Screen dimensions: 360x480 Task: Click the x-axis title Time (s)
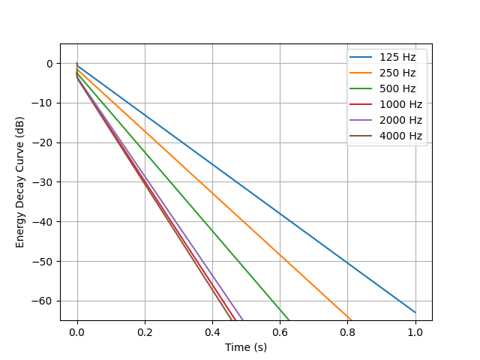[246, 347]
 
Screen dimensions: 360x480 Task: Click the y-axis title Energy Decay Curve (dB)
[20, 182]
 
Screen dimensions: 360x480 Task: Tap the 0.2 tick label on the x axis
[145, 331]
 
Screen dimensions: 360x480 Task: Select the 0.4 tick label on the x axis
[212, 331]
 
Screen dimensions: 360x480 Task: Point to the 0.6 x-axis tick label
[280, 331]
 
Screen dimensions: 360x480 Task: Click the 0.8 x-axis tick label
[347, 331]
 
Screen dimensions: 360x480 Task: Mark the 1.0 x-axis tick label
[415, 331]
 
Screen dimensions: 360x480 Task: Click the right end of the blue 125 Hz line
[415, 312]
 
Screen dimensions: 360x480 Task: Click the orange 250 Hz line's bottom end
[350, 320]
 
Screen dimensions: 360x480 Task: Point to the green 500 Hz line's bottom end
[289, 320]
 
